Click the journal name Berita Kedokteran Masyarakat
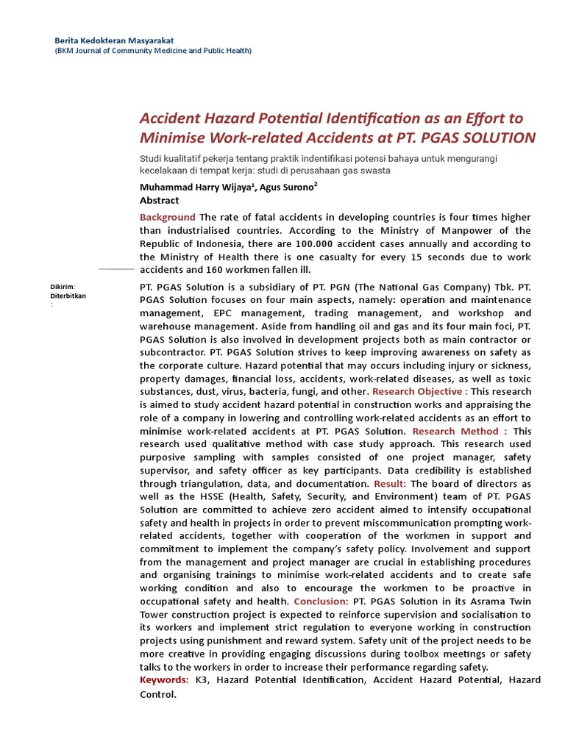(x=115, y=39)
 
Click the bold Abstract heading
(x=160, y=200)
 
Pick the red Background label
(x=168, y=217)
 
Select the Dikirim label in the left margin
(x=63, y=287)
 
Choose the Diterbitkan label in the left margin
(x=68, y=296)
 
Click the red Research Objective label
(x=419, y=391)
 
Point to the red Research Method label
(x=459, y=431)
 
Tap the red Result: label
(x=390, y=484)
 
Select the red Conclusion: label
(x=321, y=601)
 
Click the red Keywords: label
(x=164, y=679)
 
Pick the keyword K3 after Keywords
(x=202, y=679)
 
